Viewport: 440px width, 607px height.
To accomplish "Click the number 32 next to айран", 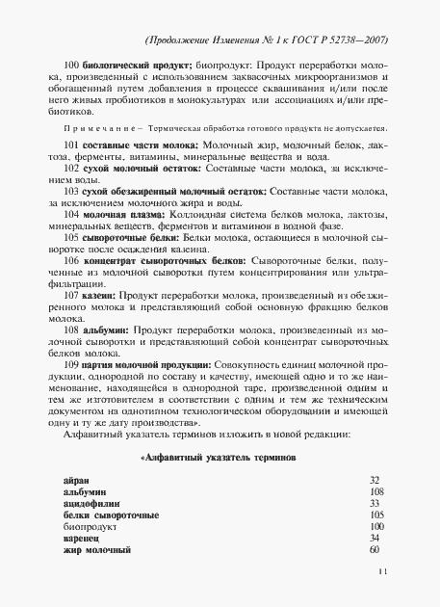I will tap(375, 479).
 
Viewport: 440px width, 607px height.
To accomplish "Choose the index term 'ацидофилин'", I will tap(88, 503).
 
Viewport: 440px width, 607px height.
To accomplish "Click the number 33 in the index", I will tap(375, 503).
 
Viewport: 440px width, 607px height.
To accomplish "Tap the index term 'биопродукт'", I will tap(84, 527).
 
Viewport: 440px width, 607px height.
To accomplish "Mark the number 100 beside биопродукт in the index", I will tap(375, 527).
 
